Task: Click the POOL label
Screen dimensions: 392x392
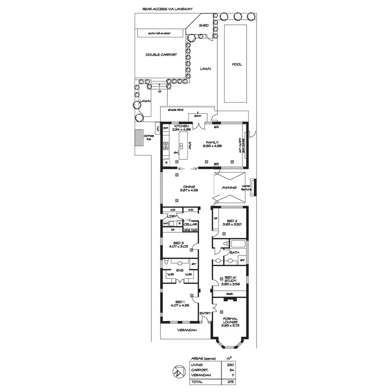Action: tap(237, 65)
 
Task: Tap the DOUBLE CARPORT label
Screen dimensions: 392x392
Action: tap(161, 55)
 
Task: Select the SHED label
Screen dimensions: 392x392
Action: tap(204, 26)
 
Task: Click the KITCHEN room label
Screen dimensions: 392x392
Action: tap(181, 126)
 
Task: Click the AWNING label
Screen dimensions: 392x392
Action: tap(230, 187)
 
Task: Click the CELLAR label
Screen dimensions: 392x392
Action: tap(191, 225)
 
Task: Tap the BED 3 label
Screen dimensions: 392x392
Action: tap(178, 243)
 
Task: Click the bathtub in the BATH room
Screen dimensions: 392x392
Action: tap(237, 244)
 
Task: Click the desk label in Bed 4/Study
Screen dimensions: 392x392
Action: tap(229, 294)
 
